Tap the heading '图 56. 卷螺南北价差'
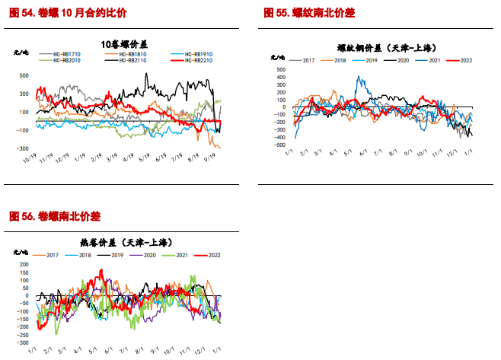(55, 217)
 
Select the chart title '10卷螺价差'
(126, 43)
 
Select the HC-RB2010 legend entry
(66, 60)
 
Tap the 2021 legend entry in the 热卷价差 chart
(182, 254)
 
